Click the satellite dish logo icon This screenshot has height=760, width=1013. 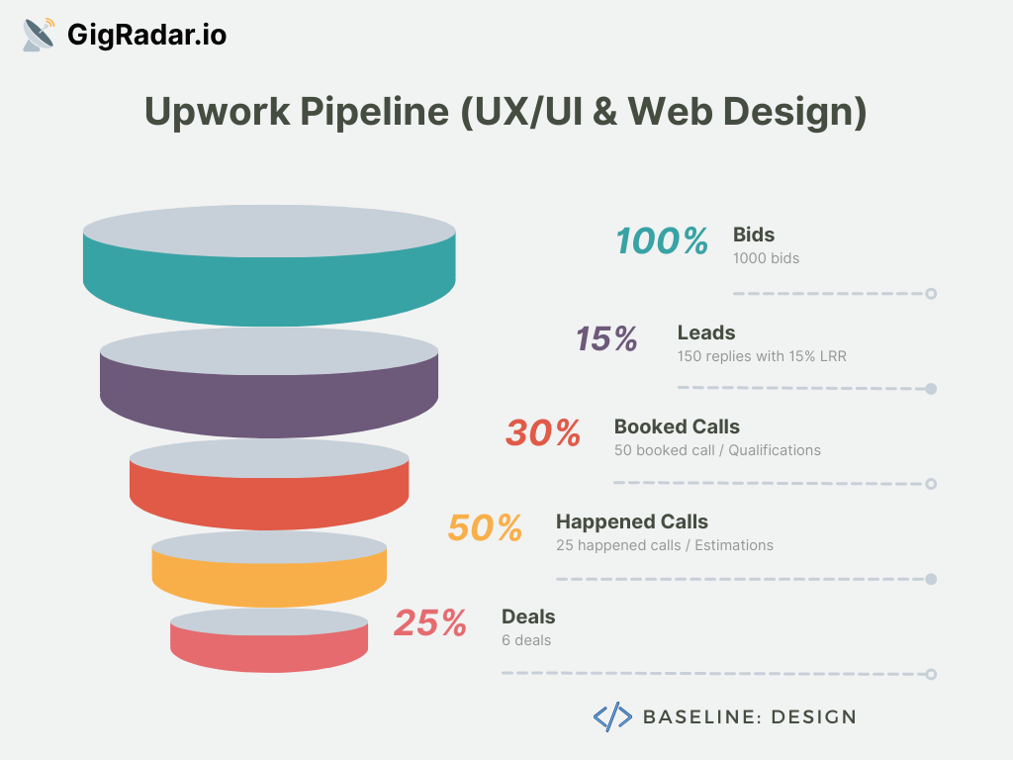pos(39,35)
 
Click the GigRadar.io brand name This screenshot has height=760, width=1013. pos(146,35)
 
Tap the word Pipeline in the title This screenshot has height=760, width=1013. pos(375,111)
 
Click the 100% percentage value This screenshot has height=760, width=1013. pos(662,241)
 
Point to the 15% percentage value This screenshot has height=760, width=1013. pos(606,338)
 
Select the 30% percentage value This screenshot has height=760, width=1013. pos(543,433)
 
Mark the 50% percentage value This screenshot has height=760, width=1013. pos(485,528)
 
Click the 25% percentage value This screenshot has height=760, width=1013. pos(430,623)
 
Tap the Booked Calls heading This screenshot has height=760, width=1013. pos(677,427)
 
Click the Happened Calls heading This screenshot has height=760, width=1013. pos(632,522)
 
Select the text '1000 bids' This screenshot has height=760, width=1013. pos(767,258)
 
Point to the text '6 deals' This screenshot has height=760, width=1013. pos(526,640)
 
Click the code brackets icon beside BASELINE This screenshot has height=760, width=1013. pos(612,716)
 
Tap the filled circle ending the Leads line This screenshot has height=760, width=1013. pos(931,388)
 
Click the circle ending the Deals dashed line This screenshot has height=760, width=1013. pos(931,674)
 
